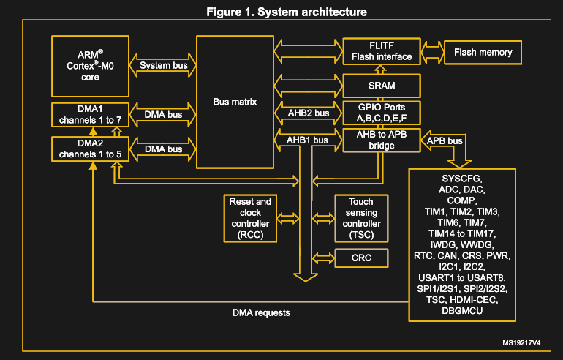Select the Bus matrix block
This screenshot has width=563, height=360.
coord(235,102)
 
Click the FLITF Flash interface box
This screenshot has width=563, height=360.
coord(381,50)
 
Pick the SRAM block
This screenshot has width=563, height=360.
coord(381,86)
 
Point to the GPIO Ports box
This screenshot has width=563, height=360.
coord(381,113)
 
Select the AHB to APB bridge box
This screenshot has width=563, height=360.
coord(381,140)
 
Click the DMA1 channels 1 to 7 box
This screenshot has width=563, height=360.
coord(91,113)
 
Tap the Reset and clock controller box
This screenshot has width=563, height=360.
coord(250,219)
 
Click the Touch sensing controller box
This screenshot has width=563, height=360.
coord(361,219)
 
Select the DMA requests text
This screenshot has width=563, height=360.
coord(261,313)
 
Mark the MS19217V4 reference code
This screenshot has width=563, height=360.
coord(521,342)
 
